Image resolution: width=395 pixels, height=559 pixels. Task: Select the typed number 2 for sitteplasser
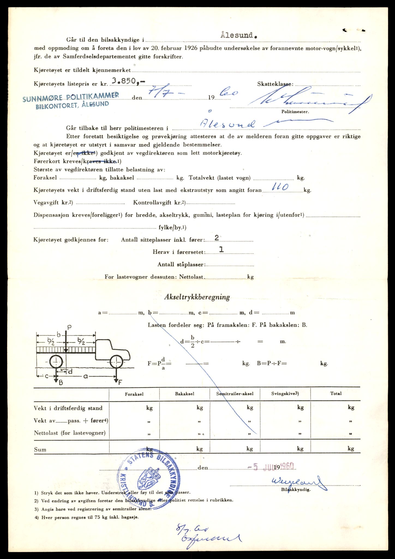pyautogui.click(x=217, y=238)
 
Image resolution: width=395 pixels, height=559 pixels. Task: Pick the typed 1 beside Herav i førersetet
pyautogui.click(x=222, y=250)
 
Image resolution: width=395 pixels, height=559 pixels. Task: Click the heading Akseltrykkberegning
pyautogui.click(x=197, y=297)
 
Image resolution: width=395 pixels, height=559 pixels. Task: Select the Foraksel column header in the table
pyautogui.click(x=134, y=394)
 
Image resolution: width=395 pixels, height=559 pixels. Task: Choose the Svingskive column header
pyautogui.click(x=285, y=394)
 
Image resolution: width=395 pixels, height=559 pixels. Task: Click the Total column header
pyautogui.click(x=336, y=394)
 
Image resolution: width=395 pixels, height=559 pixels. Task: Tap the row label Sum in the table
pyautogui.click(x=40, y=450)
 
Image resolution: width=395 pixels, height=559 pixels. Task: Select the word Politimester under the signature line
pyautogui.click(x=295, y=112)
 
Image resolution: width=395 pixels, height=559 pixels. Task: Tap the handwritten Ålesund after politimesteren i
pyautogui.click(x=228, y=124)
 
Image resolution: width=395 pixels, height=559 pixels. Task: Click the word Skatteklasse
pyautogui.click(x=275, y=84)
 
